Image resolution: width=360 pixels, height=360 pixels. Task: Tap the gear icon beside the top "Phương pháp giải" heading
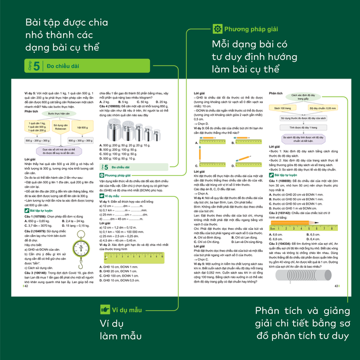click(x=218, y=28)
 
